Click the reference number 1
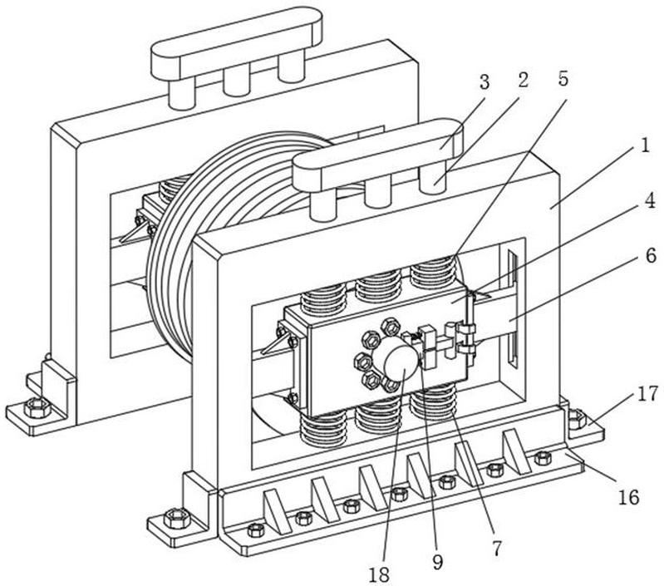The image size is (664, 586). (x=640, y=146)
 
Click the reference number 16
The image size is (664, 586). (x=629, y=498)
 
